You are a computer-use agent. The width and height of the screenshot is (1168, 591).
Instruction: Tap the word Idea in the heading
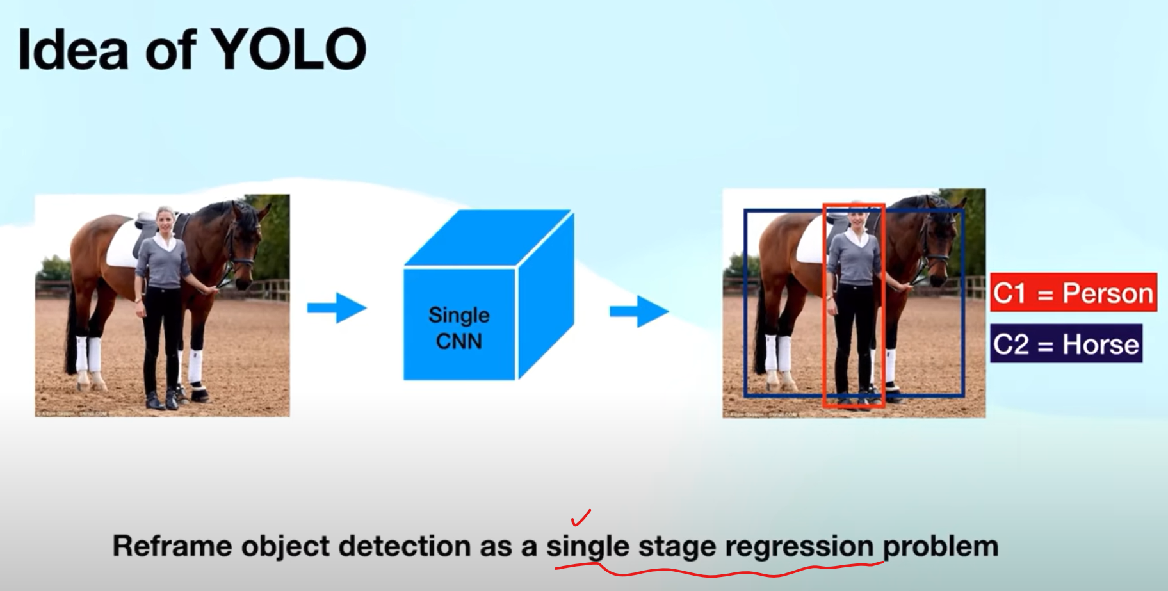pyautogui.click(x=73, y=49)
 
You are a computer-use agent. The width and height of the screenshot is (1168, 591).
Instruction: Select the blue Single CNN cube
pyautogui.click(x=489, y=295)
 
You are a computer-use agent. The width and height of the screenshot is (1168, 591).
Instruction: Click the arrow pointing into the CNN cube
pyautogui.click(x=337, y=308)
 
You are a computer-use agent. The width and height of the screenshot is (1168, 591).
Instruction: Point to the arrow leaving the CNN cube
pyautogui.click(x=639, y=311)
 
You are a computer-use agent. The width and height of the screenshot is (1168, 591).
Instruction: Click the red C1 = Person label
pyautogui.click(x=1073, y=293)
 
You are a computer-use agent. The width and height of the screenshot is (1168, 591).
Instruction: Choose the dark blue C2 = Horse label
pyautogui.click(x=1066, y=344)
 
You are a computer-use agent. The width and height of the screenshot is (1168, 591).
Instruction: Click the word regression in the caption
pyautogui.click(x=799, y=547)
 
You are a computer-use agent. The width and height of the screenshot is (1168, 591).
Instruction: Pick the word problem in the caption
pyautogui.click(x=941, y=547)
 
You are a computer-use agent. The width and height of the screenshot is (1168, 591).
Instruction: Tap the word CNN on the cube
pyautogui.click(x=459, y=341)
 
